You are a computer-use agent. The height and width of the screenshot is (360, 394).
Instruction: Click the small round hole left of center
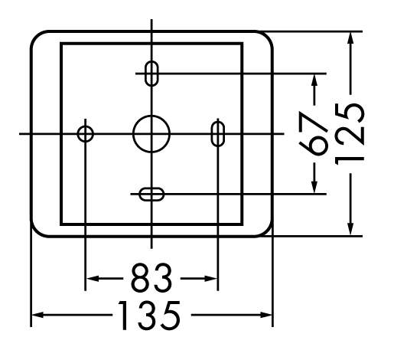click(x=77, y=134)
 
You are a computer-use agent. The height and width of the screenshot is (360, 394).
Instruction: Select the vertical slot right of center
click(x=212, y=134)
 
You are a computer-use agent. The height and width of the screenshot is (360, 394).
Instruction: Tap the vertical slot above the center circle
click(x=145, y=74)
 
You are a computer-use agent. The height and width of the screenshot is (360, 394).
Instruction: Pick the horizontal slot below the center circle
click(x=151, y=188)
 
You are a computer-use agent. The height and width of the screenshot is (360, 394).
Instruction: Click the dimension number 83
click(x=151, y=278)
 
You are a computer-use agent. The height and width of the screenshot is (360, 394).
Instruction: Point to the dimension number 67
click(x=313, y=133)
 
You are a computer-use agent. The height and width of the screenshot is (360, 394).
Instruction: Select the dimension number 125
click(x=350, y=134)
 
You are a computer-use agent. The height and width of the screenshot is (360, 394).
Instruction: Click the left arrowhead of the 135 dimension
click(x=37, y=315)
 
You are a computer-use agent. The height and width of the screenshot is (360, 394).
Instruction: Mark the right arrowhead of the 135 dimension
click(x=265, y=315)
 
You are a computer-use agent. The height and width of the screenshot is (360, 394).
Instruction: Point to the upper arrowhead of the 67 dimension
click(x=314, y=80)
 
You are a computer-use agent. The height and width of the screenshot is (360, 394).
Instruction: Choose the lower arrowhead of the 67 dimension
click(x=314, y=187)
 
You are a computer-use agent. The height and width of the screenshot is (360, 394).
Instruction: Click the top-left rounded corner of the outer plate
click(x=36, y=36)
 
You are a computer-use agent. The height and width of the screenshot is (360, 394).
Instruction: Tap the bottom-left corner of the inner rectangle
click(x=61, y=224)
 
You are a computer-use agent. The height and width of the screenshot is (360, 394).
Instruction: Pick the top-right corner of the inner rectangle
click(x=242, y=44)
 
